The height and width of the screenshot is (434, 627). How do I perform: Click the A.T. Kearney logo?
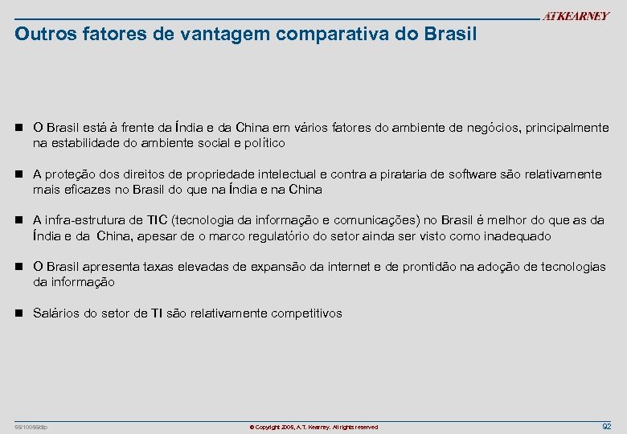click(576, 17)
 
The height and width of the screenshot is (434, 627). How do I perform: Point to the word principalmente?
click(567, 128)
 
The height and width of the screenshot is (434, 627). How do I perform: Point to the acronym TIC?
click(158, 220)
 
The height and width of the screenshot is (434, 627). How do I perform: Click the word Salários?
click(56, 313)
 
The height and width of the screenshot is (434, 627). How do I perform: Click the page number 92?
click(606, 426)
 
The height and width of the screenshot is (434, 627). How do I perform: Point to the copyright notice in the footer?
click(313, 427)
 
